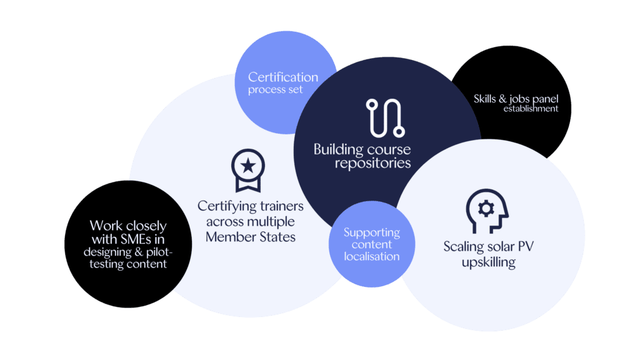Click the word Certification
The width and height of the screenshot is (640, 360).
[283, 77]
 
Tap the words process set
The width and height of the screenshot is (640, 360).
[276, 90]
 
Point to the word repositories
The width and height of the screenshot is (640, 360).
[372, 164]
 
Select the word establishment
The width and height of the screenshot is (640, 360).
[531, 109]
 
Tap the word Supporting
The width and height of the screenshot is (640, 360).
[372, 232]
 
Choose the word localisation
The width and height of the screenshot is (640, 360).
[372, 256]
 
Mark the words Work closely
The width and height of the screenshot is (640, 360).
[128, 226]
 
